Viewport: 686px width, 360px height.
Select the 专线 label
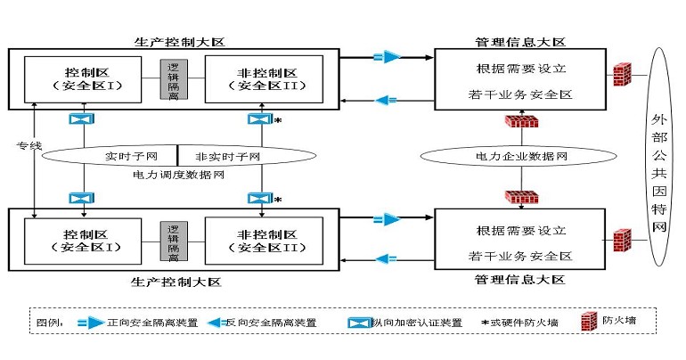28,145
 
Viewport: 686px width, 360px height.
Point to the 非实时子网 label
227,157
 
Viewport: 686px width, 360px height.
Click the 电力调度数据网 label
177,175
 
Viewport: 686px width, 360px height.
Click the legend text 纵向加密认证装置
418,322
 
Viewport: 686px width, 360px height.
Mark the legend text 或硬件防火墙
527,322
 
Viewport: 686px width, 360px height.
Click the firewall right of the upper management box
622,74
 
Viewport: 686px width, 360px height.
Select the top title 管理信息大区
520,42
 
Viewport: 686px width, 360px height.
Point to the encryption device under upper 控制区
80,119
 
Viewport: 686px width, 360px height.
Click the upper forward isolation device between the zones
386,57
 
